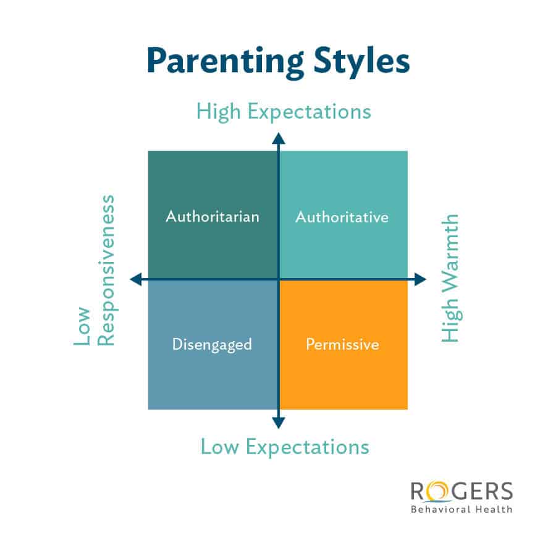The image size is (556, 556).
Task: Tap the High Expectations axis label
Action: click(x=284, y=111)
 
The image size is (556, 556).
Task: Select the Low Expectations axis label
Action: click(x=284, y=446)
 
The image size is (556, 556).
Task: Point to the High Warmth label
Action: click(x=450, y=278)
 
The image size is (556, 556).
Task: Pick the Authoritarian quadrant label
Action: click(x=213, y=217)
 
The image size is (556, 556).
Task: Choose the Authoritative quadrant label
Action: click(x=342, y=217)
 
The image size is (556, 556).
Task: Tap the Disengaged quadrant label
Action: click(x=212, y=344)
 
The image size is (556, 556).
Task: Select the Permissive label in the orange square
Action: click(x=342, y=344)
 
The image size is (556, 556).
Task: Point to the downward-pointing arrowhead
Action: click(x=279, y=423)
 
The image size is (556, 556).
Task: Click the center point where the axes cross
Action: click(x=279, y=280)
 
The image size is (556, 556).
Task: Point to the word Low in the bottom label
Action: click(x=219, y=446)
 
